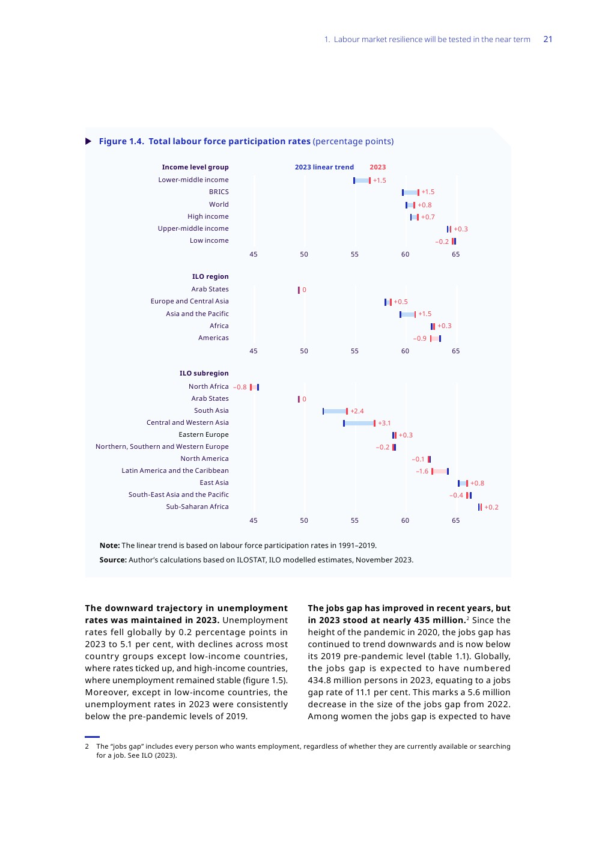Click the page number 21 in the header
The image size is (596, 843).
click(547, 39)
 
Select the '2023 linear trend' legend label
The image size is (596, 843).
click(324, 167)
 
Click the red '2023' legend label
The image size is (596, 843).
click(377, 167)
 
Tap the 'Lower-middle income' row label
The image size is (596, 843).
click(193, 180)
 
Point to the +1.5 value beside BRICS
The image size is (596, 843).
click(428, 192)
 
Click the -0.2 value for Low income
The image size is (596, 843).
click(442, 242)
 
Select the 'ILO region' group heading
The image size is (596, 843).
click(210, 276)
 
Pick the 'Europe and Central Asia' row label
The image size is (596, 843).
click(189, 301)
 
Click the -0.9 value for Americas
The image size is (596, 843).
click(419, 338)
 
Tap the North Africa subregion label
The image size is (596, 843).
click(208, 386)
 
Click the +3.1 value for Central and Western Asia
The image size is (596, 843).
click(384, 423)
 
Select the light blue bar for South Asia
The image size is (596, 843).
click(335, 411)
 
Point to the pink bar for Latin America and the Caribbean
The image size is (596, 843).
click(440, 471)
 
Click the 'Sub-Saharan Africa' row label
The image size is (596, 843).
click(197, 507)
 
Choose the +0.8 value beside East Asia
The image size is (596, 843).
click(477, 483)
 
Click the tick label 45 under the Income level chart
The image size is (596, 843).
click(254, 254)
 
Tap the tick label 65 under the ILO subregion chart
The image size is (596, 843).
click(455, 520)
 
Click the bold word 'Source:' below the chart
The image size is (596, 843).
click(113, 560)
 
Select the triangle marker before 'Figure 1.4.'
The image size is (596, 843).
click(88, 141)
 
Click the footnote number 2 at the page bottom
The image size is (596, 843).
click(87, 746)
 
